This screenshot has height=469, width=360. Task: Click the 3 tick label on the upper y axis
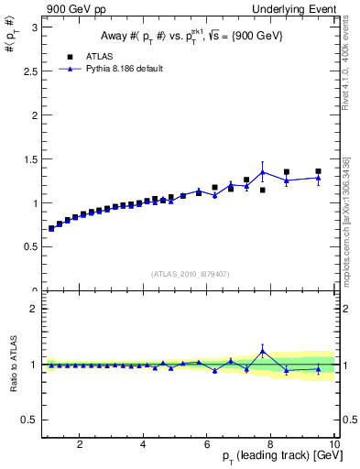tap(35, 27)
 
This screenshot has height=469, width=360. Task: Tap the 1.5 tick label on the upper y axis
tap(31, 159)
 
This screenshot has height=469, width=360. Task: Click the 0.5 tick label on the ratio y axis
tap(31, 420)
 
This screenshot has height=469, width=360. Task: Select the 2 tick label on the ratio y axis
tap(35, 309)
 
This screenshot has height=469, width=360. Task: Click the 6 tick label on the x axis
tap(208, 445)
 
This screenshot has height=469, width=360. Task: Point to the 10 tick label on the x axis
tap(335, 445)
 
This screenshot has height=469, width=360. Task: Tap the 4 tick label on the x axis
tap(144, 445)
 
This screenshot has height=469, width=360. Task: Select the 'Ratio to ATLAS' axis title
tap(12, 364)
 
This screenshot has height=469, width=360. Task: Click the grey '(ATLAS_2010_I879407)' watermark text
tap(190, 272)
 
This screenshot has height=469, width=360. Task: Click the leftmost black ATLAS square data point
tap(51, 229)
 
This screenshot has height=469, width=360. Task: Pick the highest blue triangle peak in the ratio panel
tap(263, 350)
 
